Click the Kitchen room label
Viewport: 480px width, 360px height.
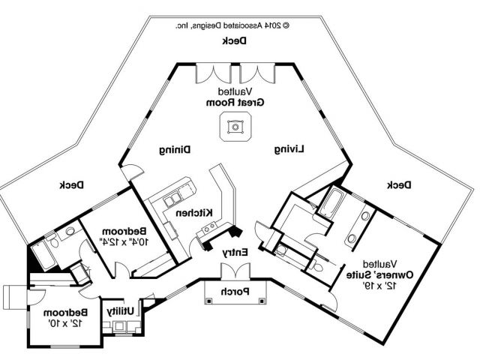click(x=194, y=213)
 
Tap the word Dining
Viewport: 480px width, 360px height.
click(x=175, y=150)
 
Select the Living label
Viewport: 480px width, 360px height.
click(x=289, y=149)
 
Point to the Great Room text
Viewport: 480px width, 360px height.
click(x=235, y=103)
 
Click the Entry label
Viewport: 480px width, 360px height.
click(x=235, y=253)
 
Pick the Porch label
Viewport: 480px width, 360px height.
click(x=235, y=292)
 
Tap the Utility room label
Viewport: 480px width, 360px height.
click(x=120, y=311)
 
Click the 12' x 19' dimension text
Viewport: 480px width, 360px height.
click(x=379, y=286)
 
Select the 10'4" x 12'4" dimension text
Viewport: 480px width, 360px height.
click(x=124, y=241)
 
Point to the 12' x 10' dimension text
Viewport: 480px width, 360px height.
click(x=65, y=322)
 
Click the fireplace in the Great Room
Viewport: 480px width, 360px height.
click(x=235, y=127)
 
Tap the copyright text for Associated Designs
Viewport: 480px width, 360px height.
click(x=232, y=25)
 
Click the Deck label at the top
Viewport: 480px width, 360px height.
click(x=234, y=40)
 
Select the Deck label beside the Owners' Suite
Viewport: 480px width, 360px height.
click(x=400, y=185)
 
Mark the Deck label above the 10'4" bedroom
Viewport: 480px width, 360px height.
click(x=71, y=185)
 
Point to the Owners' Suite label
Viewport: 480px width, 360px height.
click(x=379, y=274)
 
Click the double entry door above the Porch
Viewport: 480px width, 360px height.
click(x=235, y=271)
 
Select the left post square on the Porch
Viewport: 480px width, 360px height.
click(x=208, y=301)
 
